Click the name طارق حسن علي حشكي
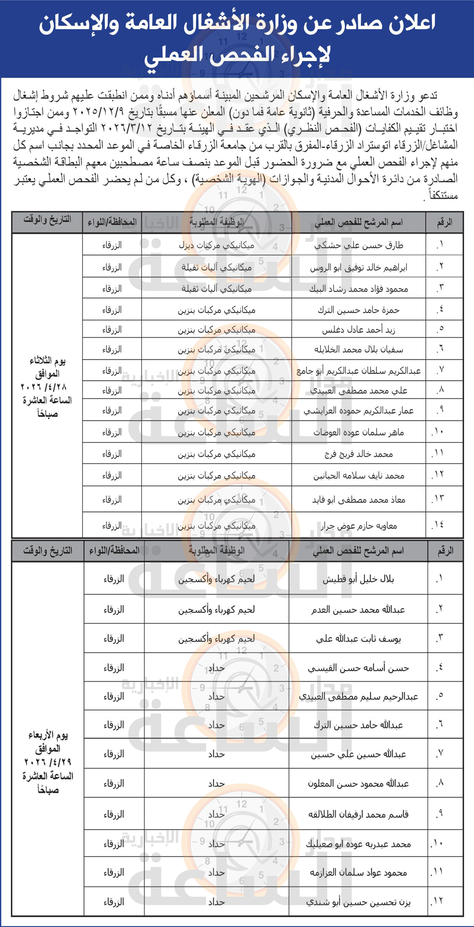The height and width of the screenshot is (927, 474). pos(359,245)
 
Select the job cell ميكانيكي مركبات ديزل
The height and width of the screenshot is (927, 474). pos(216,245)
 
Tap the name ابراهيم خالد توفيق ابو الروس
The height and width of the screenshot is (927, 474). pos(359,268)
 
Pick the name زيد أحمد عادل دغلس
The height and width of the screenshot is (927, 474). pos(359,330)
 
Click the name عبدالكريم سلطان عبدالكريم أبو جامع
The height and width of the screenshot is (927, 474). pos(359,371)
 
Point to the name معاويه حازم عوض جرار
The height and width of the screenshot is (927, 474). pos(359,525)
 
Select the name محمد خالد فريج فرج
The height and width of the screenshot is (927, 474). pos(359,454)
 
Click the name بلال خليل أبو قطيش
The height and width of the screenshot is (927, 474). pos(358,579)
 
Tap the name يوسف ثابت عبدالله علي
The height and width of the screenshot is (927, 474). pos(358,639)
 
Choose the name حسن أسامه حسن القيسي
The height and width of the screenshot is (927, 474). pos(358,668)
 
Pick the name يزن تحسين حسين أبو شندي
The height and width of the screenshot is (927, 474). pos(358,902)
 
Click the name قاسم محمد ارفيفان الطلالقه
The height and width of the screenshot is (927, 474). pos(358,814)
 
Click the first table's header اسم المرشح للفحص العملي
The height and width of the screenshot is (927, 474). pos(359,222)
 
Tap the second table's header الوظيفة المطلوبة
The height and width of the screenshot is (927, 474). pos(216,551)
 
